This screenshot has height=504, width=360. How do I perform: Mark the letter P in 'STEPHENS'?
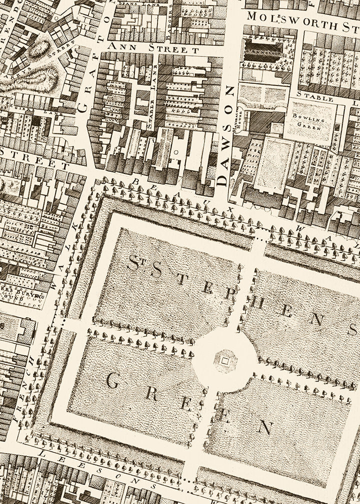(x=229, y=291)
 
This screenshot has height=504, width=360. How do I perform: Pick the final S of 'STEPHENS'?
(x=353, y=330)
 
